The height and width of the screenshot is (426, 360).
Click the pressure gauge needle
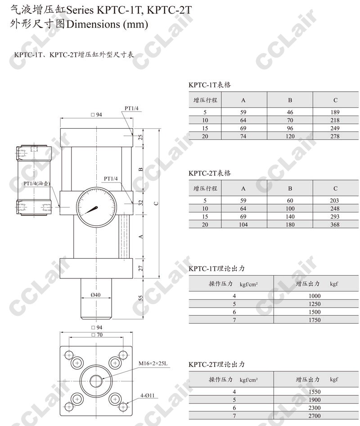91,210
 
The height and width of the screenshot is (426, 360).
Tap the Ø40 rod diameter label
96,295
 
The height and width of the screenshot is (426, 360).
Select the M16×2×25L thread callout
153,363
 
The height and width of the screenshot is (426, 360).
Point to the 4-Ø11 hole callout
147,395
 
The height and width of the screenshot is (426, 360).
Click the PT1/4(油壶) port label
37,184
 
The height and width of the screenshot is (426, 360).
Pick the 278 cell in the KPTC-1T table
335,136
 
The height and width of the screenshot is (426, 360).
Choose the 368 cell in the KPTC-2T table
335,224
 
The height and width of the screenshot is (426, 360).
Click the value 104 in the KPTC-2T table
243,224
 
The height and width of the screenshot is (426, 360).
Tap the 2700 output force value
315,416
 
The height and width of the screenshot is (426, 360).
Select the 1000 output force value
315,296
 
